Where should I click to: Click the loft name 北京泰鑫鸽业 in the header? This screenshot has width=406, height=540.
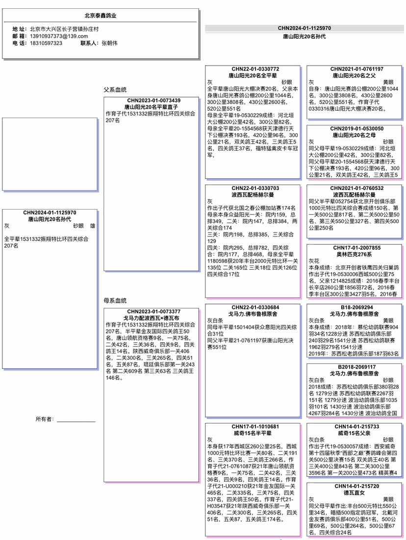[x=100, y=16]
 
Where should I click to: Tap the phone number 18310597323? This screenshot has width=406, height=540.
[x=46, y=43]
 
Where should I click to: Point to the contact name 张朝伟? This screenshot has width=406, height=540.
[x=109, y=43]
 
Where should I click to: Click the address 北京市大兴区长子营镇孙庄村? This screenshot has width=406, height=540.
[x=64, y=29]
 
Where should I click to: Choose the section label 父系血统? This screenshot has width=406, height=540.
[x=115, y=90]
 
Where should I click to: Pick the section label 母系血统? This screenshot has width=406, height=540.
[x=115, y=300]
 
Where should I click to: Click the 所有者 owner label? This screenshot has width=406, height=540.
[x=45, y=419]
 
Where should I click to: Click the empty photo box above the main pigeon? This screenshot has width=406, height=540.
[x=50, y=154]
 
